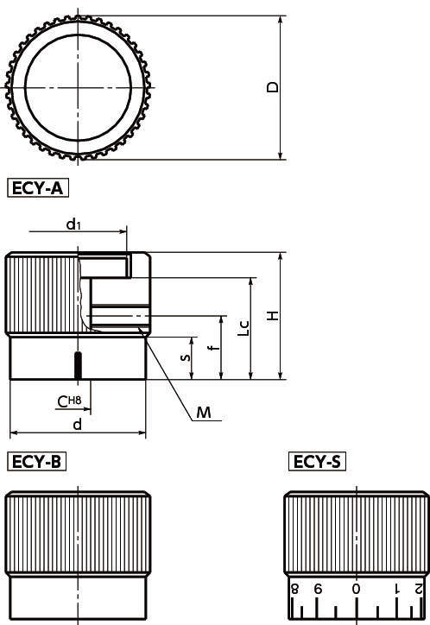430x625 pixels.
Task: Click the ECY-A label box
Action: pos(38,188)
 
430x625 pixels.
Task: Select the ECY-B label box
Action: pos(36,462)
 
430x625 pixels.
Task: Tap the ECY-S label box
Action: pos(317,462)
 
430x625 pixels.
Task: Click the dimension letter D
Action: pos(273,87)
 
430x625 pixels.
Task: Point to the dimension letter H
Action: pos(273,316)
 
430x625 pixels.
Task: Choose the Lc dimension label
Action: pos(243,328)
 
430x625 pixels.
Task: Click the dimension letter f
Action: pos(214,348)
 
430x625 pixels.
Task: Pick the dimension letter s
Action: pos(186,357)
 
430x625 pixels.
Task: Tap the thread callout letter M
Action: pos(204,412)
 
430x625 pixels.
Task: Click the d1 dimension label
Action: pos(73,224)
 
